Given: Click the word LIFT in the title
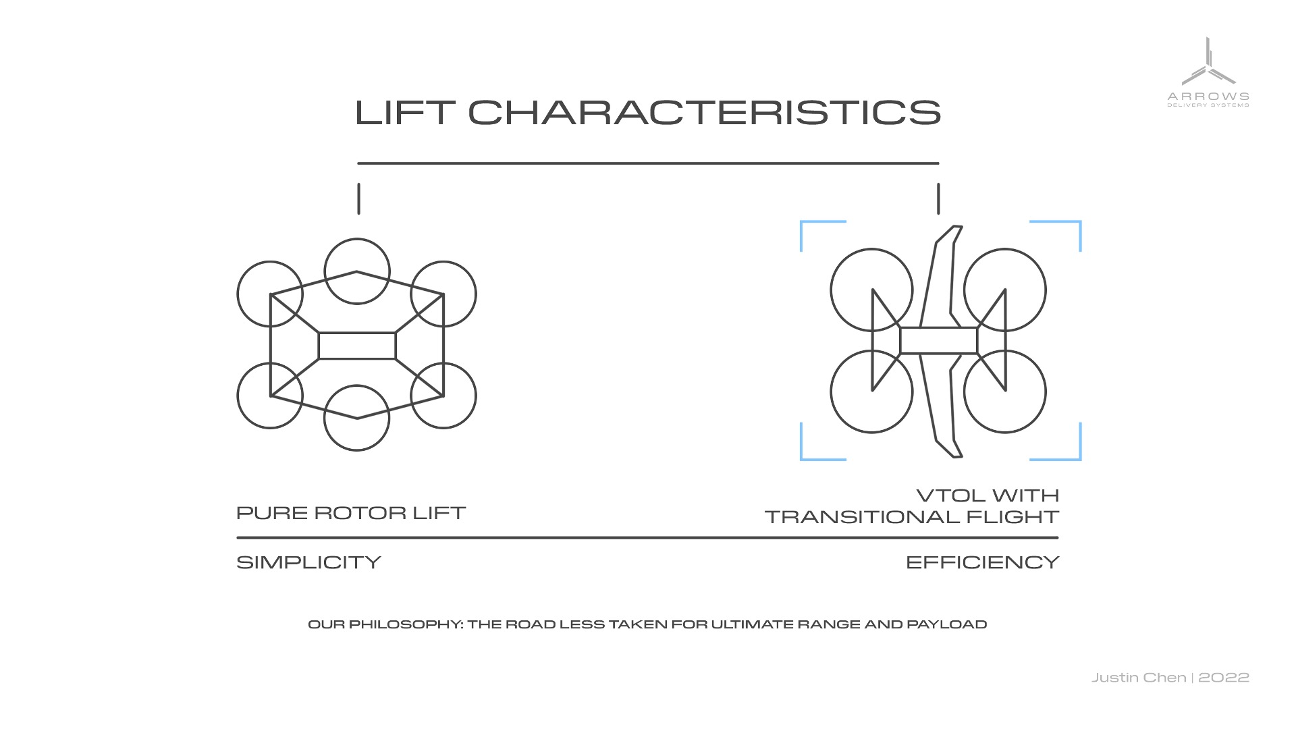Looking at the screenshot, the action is click(405, 112).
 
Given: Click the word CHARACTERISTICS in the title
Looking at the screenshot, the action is click(705, 112).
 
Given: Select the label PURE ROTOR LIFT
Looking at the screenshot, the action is click(351, 513).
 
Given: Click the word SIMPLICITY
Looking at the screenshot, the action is click(308, 562).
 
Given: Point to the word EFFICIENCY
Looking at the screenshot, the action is click(982, 562).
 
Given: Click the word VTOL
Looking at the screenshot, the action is click(948, 495).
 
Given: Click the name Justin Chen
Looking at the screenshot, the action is click(1139, 678).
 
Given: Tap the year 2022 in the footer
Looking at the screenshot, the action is click(1224, 678).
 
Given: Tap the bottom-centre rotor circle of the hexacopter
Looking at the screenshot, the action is click(357, 450).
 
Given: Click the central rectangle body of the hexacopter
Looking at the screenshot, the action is click(357, 333).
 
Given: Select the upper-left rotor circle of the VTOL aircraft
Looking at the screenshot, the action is click(871, 249).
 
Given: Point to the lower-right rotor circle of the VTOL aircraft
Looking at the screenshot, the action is click(1005, 433).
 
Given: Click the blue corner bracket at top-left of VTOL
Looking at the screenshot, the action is click(801, 222).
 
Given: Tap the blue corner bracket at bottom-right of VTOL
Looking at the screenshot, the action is click(1080, 459).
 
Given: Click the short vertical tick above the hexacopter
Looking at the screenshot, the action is click(358, 198).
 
